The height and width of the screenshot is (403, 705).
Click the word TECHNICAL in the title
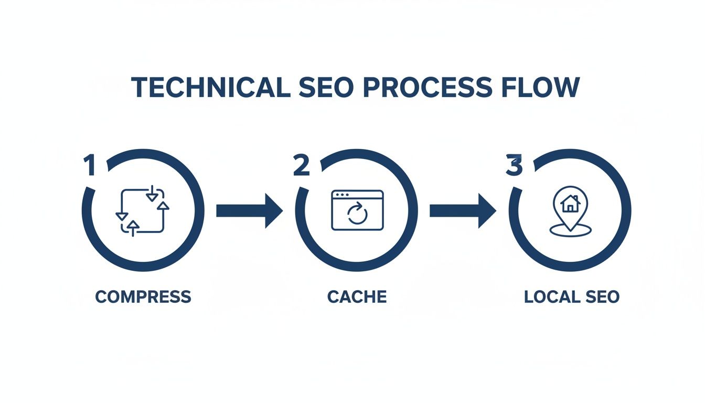(x=210, y=88)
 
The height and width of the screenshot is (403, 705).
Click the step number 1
(x=90, y=166)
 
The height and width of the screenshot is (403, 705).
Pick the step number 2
(x=302, y=166)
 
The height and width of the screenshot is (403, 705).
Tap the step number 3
(x=514, y=166)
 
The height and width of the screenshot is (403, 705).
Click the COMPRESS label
(x=143, y=296)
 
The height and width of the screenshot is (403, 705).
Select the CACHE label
(x=357, y=296)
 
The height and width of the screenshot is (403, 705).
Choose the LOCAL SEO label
(x=571, y=296)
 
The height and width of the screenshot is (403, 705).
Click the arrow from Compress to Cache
(x=249, y=210)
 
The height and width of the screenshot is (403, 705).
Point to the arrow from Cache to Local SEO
(x=462, y=210)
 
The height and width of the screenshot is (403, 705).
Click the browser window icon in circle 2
(x=357, y=210)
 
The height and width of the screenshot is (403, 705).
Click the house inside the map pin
(x=570, y=203)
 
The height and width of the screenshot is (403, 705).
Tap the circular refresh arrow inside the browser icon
(x=357, y=215)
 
